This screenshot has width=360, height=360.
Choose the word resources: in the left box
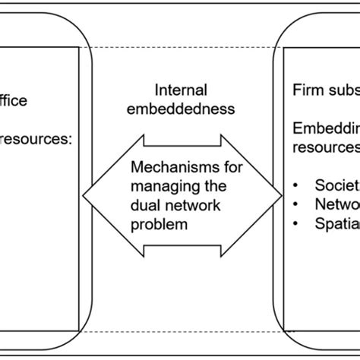point(36,139)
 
